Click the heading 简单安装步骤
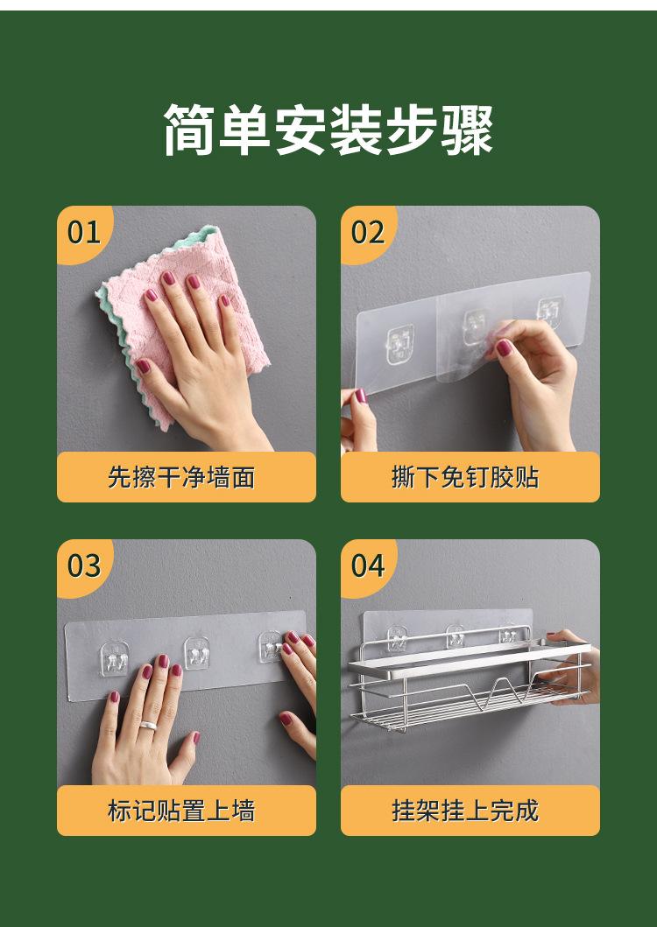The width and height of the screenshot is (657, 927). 328,130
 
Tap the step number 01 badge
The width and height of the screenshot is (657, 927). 83,232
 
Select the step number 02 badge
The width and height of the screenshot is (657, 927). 368,232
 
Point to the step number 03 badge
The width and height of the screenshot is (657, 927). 83,565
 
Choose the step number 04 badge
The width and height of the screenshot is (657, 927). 368,565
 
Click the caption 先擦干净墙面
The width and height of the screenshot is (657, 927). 181,477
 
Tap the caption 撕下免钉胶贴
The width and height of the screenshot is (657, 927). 465,477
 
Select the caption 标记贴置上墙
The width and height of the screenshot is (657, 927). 181,811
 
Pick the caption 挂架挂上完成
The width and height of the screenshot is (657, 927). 465,811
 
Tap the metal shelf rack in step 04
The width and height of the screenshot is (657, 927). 468,680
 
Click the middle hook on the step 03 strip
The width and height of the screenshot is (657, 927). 197,653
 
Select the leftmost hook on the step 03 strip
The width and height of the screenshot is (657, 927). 114,659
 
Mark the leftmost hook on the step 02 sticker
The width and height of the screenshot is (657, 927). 399,345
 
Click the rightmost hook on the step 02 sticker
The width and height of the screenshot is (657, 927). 549,312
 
